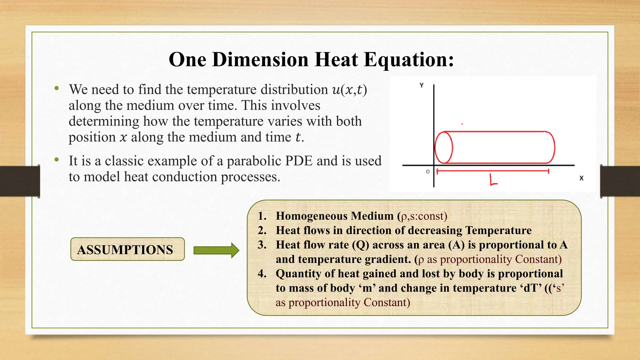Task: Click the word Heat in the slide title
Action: point(336,59)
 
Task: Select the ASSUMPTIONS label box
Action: point(127,249)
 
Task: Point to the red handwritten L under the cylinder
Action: point(493,180)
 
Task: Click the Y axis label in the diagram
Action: point(422,85)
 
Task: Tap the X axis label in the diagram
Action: point(581,178)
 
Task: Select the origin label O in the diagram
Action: point(428,172)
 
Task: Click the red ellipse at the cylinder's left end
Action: point(444,147)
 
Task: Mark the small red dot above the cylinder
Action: point(462,124)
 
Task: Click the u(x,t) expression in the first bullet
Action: point(349,90)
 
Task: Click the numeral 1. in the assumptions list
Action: point(262,216)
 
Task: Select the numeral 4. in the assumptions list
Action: point(262,274)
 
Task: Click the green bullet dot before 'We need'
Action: point(57,88)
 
